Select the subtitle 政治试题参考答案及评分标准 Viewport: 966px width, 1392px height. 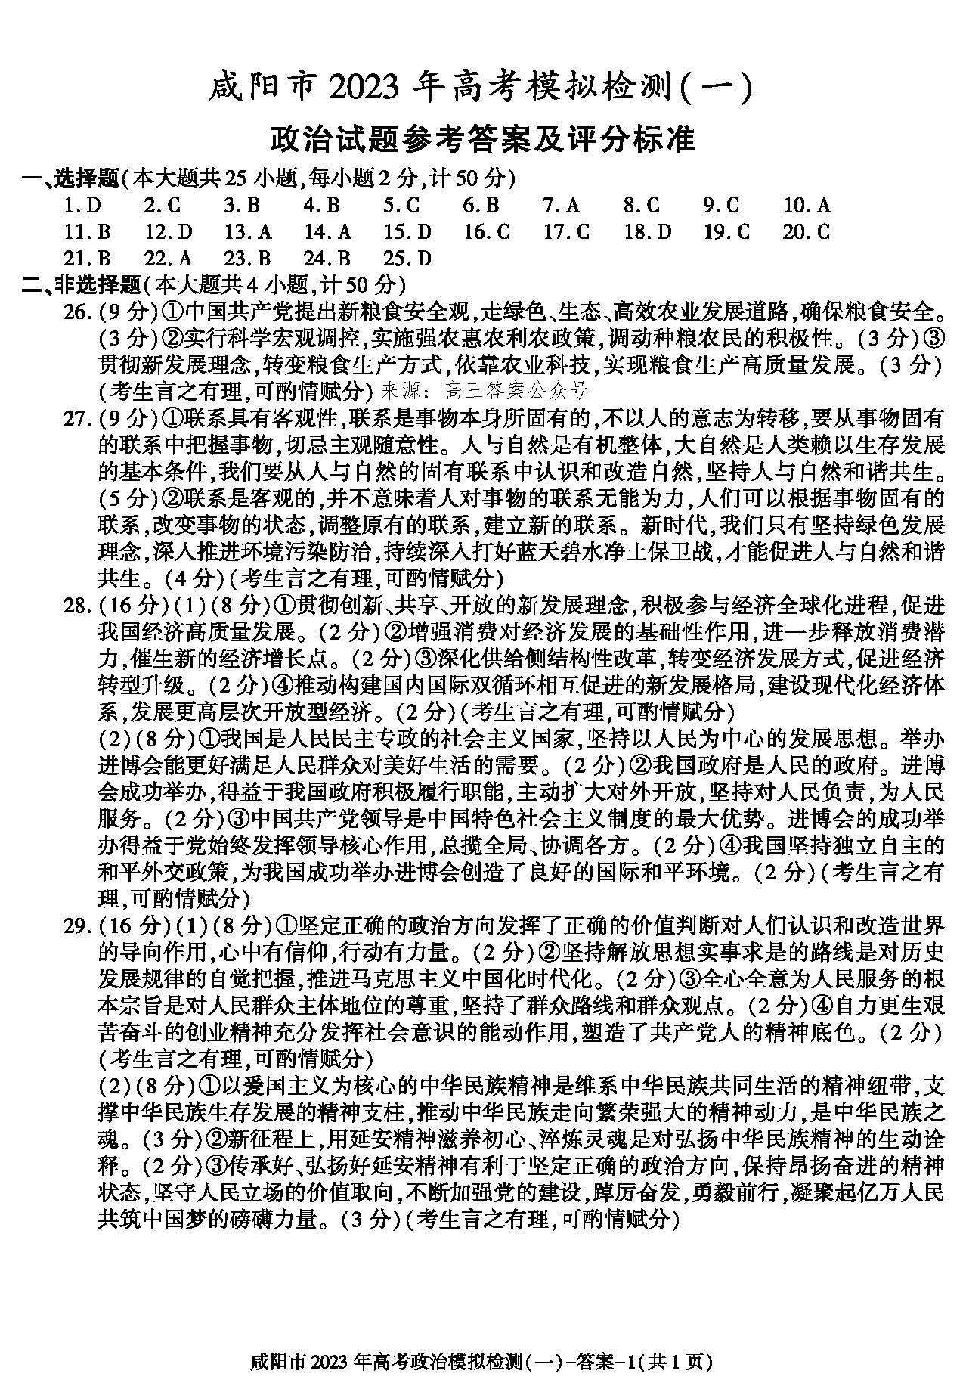482,139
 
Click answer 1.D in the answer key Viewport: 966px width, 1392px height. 82,206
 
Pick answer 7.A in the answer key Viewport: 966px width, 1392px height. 561,206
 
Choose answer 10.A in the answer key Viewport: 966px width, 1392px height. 807,206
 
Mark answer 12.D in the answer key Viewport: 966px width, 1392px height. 169,232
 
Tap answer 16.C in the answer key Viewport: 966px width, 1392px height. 487,232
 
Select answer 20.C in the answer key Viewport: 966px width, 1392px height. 807,232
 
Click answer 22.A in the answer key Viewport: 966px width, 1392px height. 168,259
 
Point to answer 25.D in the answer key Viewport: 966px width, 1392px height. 407,259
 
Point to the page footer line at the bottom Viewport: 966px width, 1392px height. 481,1363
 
